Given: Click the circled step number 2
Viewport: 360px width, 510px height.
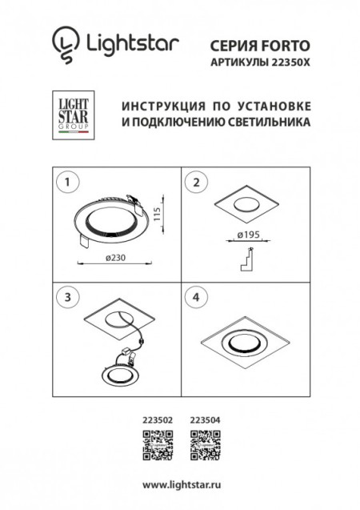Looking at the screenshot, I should pos(193,183).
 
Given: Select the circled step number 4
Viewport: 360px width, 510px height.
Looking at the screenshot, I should pos(193,296).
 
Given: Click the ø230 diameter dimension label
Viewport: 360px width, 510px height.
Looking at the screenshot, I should pos(116,257).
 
